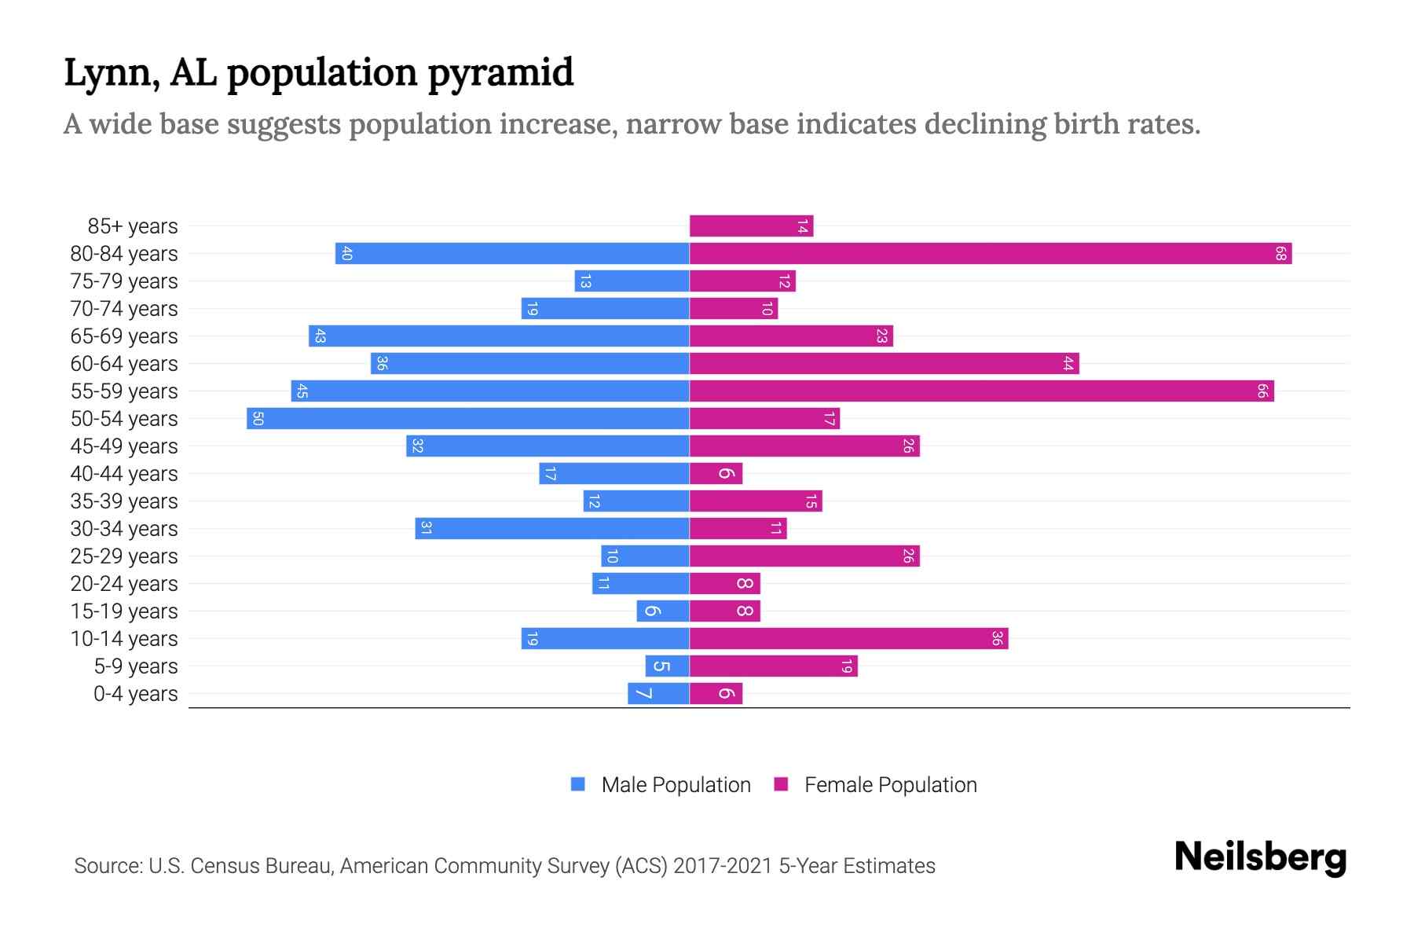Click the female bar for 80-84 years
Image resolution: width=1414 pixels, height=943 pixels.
pos(990,254)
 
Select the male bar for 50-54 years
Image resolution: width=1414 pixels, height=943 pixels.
pos(468,419)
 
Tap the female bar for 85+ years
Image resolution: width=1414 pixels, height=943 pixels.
pos(751,226)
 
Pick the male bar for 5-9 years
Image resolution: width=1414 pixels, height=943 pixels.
pos(668,666)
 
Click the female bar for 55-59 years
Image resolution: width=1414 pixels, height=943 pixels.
pos(981,391)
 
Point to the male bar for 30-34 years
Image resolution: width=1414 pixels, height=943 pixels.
pos(552,529)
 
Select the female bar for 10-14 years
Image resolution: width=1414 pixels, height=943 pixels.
pos(848,639)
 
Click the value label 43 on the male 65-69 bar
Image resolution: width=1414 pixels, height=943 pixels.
pos(320,336)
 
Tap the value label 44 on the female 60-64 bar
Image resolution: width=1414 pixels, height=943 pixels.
pos(1068,364)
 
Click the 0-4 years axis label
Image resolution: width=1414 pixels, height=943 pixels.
pos(135,694)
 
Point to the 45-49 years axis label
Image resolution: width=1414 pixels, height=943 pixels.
pos(124,446)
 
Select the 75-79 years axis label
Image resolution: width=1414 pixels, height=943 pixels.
pos(124,281)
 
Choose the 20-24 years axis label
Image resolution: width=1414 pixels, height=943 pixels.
pos(124,584)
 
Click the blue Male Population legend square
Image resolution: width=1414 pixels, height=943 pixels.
pos(578,784)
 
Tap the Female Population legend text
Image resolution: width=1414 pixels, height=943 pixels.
pos(890,785)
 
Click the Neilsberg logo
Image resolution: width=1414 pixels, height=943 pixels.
pos(1260,857)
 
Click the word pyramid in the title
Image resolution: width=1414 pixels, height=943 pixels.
pos(500,74)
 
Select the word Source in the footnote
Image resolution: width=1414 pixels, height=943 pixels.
pos(107,866)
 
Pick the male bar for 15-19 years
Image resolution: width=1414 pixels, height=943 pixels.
pos(663,611)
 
